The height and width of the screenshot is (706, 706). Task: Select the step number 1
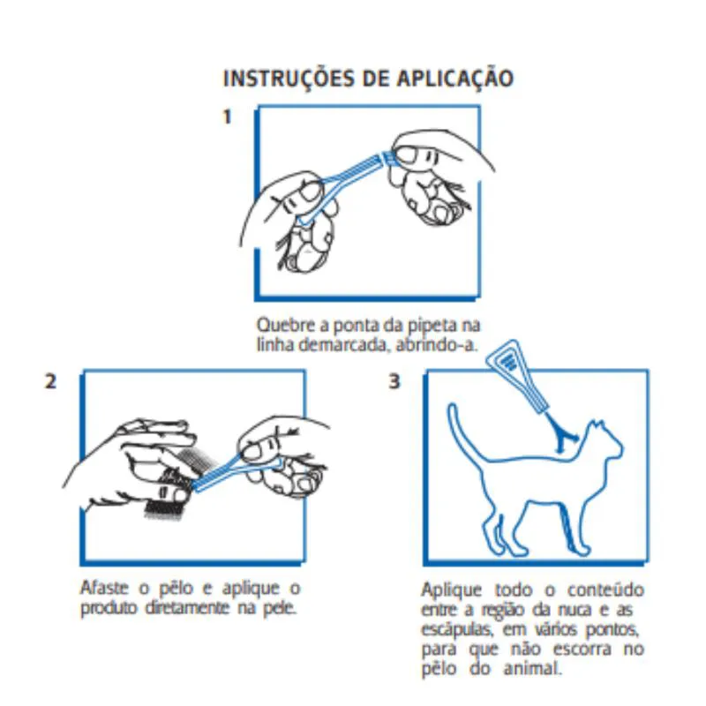[228, 116]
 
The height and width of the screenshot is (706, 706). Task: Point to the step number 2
[50, 381]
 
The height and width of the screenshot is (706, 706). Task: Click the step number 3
[394, 381]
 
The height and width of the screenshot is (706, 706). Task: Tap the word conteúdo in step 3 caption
[605, 590]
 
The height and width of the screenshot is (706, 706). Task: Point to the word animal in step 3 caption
[533, 669]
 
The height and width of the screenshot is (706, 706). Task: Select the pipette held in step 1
[347, 184]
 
